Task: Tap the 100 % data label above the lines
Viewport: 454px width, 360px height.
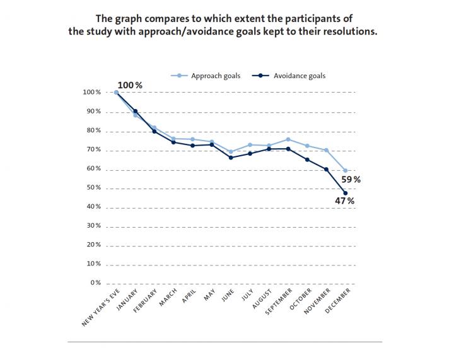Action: (x=129, y=84)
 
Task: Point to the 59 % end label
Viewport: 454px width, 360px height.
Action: (x=351, y=180)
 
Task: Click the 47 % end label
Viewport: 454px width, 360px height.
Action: (x=344, y=201)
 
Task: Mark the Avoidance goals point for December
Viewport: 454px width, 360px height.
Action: (x=345, y=193)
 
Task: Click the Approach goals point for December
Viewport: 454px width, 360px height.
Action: (x=345, y=170)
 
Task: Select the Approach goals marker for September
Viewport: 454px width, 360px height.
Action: (x=288, y=139)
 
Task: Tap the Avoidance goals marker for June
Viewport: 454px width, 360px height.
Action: (x=231, y=158)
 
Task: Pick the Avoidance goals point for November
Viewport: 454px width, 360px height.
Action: (x=326, y=169)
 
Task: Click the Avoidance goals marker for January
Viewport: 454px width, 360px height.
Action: (x=136, y=111)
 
